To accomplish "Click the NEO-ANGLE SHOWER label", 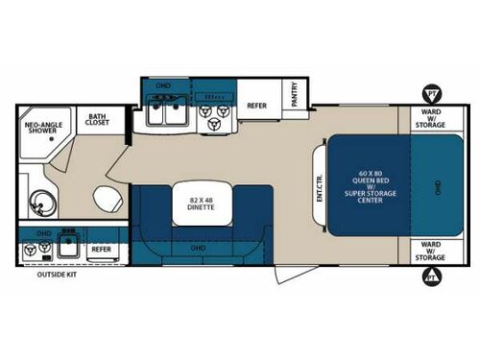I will point(43,130).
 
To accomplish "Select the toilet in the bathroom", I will point(107,202).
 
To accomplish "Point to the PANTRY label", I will point(296,94).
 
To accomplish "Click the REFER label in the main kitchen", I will point(256,106).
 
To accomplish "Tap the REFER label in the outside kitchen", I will point(102,249).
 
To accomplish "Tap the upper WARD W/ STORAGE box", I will point(428,118).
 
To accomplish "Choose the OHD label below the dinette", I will point(199,248).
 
